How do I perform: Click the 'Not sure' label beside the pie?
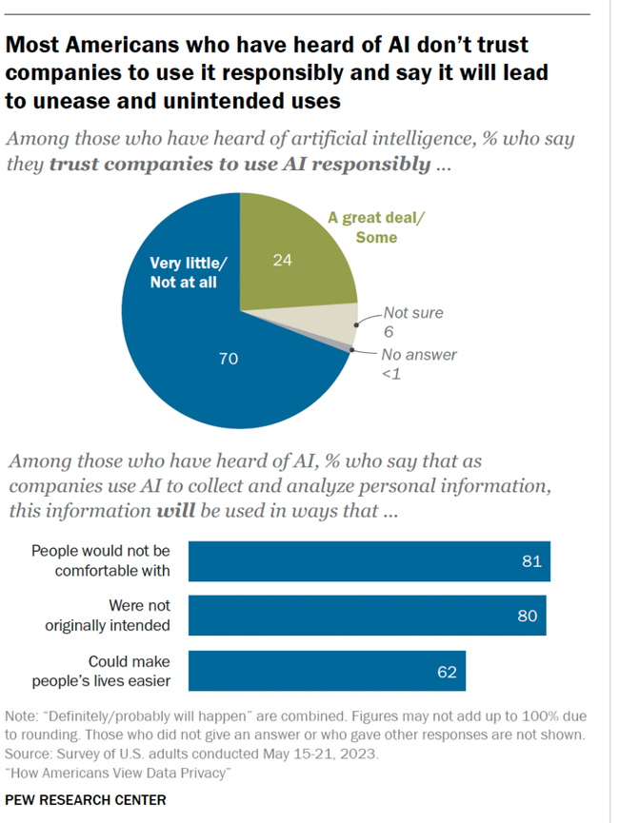click(412, 312)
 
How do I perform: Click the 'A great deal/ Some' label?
click(376, 227)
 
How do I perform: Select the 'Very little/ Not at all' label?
click(185, 274)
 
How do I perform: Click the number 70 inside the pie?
click(228, 359)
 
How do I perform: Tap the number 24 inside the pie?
click(282, 259)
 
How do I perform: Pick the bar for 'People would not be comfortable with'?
click(369, 560)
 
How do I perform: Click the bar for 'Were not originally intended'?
click(368, 616)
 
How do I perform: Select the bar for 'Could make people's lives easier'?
click(327, 671)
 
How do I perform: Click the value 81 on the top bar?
click(531, 560)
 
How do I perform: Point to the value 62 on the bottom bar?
click(447, 672)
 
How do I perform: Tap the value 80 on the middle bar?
click(527, 616)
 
